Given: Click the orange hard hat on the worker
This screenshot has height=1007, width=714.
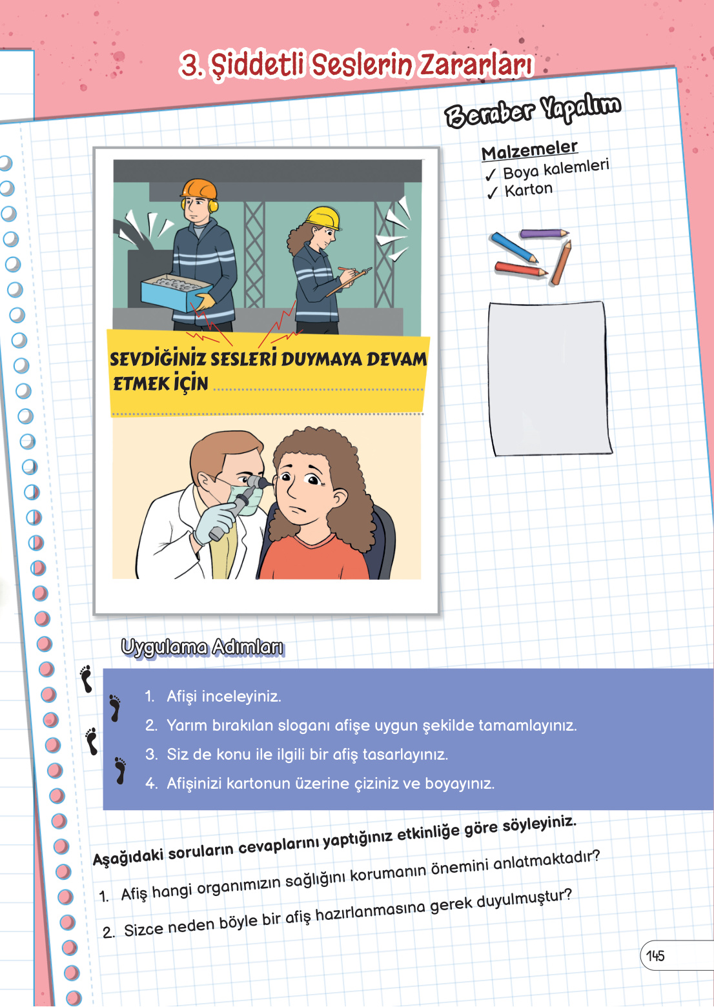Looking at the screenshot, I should coord(198,190).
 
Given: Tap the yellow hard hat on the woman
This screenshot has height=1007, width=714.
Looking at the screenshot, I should coord(323,217).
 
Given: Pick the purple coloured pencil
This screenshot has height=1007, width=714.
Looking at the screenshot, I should coord(544,233).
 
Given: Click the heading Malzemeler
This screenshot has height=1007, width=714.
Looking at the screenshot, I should coord(529,150).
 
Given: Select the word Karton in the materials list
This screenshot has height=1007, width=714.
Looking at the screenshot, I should coord(529,190).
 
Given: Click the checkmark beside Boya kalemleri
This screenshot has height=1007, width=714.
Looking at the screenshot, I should coord(491,175).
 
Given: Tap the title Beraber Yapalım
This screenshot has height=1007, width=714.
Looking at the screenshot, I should coord(533,111).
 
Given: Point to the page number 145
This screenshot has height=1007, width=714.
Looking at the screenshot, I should coord(655,956).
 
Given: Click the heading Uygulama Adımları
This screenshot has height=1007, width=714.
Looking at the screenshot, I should coord(202,647).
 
